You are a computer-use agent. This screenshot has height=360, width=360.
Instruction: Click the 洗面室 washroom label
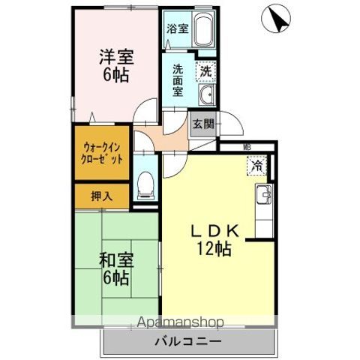(x=178, y=80)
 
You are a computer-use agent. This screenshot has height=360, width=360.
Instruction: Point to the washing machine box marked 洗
(x=204, y=71)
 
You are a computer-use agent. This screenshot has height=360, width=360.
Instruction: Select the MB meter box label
(x=246, y=148)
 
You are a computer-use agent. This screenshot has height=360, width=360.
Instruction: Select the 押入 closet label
(x=101, y=197)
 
